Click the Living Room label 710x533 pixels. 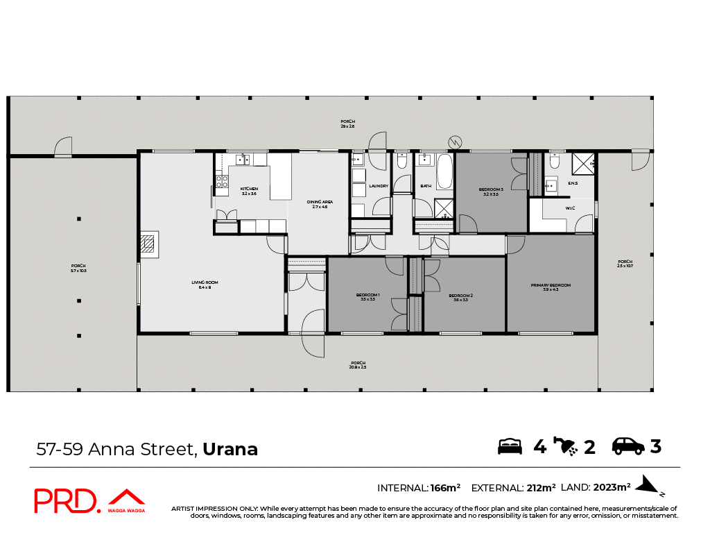point(205,284)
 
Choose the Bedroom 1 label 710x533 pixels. point(365,296)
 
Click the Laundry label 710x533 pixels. point(379,186)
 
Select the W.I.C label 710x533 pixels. point(570,208)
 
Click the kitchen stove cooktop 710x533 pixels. point(223,181)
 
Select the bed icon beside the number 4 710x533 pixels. point(510,446)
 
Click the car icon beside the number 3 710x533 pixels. point(627,446)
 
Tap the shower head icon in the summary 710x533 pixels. point(566,446)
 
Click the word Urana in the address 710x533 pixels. point(230,449)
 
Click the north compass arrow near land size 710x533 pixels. point(650,485)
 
